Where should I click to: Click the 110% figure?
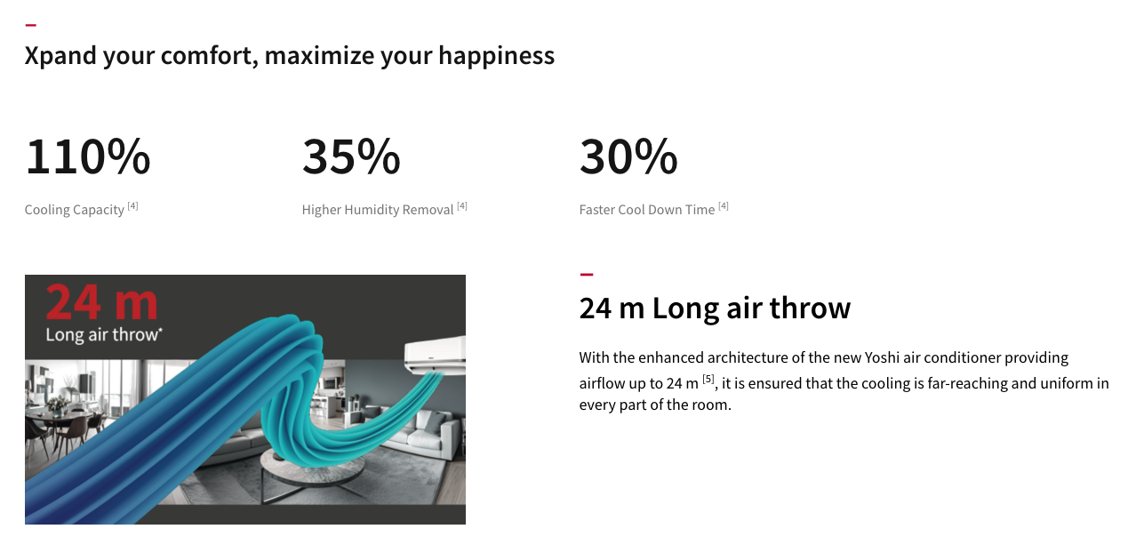pos(87,156)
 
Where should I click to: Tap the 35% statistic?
pos(351,156)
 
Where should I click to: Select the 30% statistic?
pos(628,156)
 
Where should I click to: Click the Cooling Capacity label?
pos(75,210)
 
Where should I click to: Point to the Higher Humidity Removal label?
pos(378,210)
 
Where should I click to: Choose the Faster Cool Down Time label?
pos(646,210)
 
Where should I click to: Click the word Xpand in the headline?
pos(60,56)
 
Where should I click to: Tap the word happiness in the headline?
pos(496,56)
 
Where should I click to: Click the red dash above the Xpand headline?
pos(30,25)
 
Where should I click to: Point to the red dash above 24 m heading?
pos(587,275)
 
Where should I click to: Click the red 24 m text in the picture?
pos(101,302)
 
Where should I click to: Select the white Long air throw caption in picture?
pos(104,335)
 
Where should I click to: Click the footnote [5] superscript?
pos(708,379)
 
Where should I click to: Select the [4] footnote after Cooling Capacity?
pos(132,205)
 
